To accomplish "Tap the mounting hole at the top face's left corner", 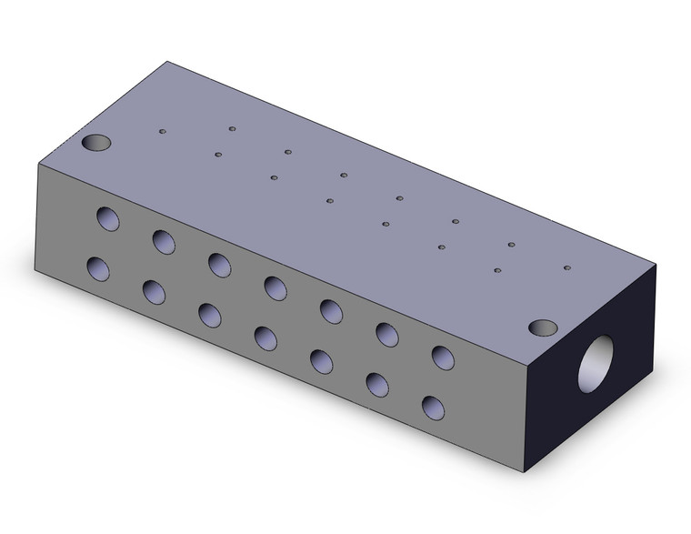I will pyautogui.click(x=95, y=143).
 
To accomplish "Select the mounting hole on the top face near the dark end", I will pyautogui.click(x=543, y=327).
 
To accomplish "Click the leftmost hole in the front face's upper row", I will pyautogui.click(x=108, y=218).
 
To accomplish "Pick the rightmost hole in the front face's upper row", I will pyautogui.click(x=443, y=358).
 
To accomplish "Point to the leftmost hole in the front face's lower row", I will pyautogui.click(x=98, y=269).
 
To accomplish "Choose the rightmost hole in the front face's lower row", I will pyautogui.click(x=434, y=407).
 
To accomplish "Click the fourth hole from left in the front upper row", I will pyautogui.click(x=275, y=287).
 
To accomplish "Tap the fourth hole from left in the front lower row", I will pyautogui.click(x=265, y=338).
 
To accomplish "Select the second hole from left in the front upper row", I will pyautogui.click(x=164, y=241).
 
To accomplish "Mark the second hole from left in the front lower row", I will pyautogui.click(x=154, y=292).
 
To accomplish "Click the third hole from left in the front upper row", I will pyautogui.click(x=219, y=264).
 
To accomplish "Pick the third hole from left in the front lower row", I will pyautogui.click(x=210, y=315).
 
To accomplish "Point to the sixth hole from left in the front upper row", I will pyautogui.click(x=387, y=334).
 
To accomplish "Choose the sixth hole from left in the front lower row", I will pyautogui.click(x=377, y=384).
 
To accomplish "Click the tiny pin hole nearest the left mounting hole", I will pyautogui.click(x=163, y=131).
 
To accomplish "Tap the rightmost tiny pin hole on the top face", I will pyautogui.click(x=566, y=268).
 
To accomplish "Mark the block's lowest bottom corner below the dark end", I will pyautogui.click(x=527, y=472).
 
